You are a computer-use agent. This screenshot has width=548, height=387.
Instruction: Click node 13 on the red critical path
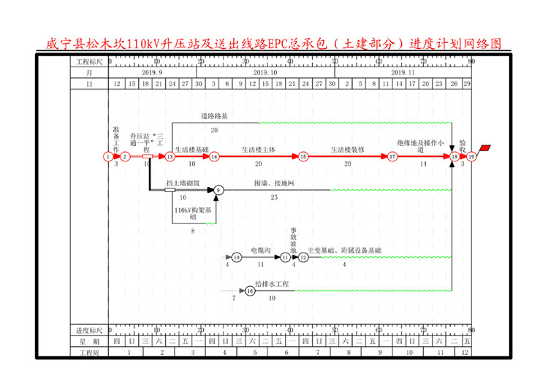(x=170, y=156)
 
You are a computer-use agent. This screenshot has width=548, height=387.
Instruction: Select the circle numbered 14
(x=215, y=156)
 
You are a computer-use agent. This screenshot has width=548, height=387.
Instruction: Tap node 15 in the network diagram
(x=303, y=156)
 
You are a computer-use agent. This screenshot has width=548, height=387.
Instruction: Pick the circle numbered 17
(x=392, y=156)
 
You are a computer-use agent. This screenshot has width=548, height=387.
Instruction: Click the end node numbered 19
(x=472, y=156)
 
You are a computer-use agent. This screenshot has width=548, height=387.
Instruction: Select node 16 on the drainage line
(x=250, y=291)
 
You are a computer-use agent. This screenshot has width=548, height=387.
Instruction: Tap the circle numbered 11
(x=286, y=257)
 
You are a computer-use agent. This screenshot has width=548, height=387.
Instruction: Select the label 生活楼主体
(x=259, y=150)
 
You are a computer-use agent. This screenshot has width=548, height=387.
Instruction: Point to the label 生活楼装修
(x=347, y=150)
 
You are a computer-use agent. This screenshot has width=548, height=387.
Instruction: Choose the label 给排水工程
(x=273, y=284)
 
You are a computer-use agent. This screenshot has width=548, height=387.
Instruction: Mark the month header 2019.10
(x=265, y=73)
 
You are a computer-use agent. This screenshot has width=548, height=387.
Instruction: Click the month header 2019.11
(x=403, y=73)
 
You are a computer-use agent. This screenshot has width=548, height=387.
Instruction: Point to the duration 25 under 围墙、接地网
(x=274, y=197)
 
